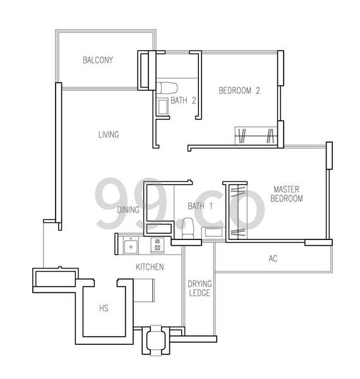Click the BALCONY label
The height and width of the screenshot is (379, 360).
pos(98,60)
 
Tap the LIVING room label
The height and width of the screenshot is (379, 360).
pos(109,135)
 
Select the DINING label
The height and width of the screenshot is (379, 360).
pos(128,210)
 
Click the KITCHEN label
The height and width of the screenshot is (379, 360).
pos(150,267)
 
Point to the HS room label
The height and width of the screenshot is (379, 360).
pos(104,308)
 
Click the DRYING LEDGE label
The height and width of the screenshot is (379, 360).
pos(200,288)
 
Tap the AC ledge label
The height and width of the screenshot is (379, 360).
pos(273,258)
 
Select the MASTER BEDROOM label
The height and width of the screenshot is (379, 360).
pos(287,194)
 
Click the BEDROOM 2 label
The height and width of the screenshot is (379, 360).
pos(239,90)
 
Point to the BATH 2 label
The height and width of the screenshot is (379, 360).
pos(183,100)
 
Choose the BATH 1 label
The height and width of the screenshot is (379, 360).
pos(200,206)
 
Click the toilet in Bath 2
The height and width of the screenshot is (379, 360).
pos(167,88)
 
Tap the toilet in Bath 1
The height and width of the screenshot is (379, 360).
pos(188,228)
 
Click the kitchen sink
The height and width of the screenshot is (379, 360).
pos(131,245)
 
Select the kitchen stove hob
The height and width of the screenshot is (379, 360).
pos(157,244)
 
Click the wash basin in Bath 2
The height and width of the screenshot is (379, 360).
pos(163,106)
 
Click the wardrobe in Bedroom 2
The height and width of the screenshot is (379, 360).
pos(256,136)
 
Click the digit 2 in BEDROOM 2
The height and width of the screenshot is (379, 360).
pos(258,90)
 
